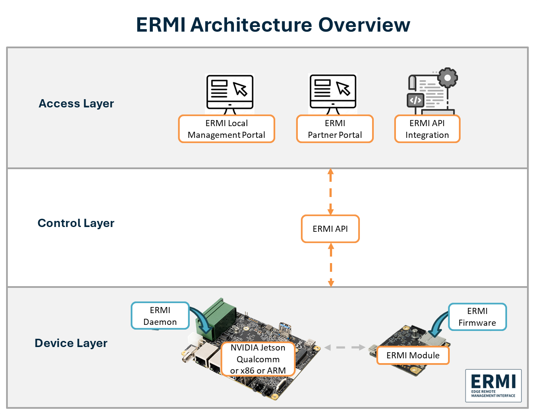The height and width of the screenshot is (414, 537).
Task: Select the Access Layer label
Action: (x=76, y=103)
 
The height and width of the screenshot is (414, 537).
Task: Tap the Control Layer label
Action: (x=76, y=223)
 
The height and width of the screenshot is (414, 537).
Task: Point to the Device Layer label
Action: (x=71, y=343)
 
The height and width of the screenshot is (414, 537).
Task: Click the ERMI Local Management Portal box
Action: (x=227, y=129)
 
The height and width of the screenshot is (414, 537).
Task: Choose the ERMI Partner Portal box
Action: (x=335, y=129)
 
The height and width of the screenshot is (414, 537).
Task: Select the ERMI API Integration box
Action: (x=427, y=129)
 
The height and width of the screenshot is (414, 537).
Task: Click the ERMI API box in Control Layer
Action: (x=330, y=228)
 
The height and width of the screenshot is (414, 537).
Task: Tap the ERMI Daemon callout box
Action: (x=160, y=316)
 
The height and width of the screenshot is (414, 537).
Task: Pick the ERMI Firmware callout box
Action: (x=477, y=317)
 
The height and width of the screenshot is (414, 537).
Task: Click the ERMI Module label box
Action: (x=413, y=355)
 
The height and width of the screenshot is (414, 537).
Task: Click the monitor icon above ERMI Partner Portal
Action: (x=333, y=92)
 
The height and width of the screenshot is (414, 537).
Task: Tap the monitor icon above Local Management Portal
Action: (x=230, y=92)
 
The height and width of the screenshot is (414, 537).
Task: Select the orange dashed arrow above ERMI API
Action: (x=330, y=191)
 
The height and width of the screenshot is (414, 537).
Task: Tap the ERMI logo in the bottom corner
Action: (x=493, y=385)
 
